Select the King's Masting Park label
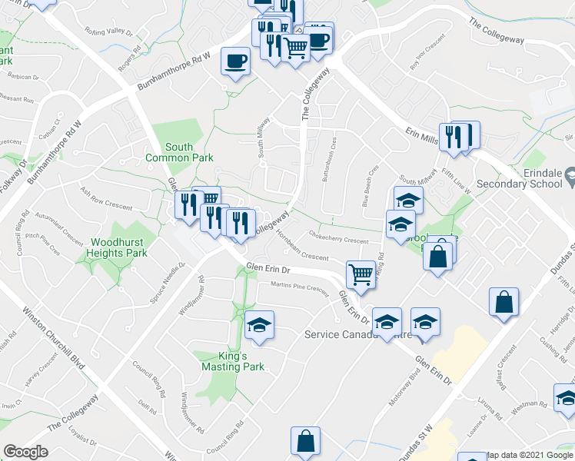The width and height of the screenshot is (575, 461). tap(233, 362)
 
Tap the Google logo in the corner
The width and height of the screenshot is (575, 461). tap(25, 452)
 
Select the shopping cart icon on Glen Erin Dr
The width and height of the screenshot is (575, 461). tap(360, 274)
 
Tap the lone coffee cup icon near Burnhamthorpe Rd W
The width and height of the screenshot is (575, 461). tap(235, 61)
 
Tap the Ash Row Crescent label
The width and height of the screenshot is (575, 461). tap(106, 198)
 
